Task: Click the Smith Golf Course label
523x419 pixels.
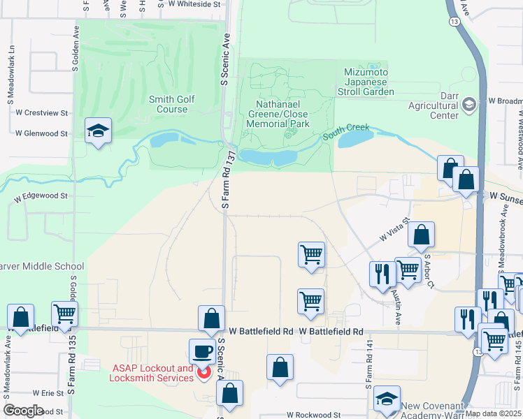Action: pyautogui.click(x=172, y=104)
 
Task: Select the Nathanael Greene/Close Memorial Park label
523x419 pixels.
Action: pyautogui.click(x=278, y=114)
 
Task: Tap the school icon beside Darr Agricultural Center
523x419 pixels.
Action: pyautogui.click(x=468, y=105)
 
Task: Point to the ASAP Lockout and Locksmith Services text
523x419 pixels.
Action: pyautogui.click(x=151, y=373)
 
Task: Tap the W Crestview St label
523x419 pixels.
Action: pyautogui.click(x=41, y=112)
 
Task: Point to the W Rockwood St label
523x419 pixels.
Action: pyautogui.click(x=313, y=414)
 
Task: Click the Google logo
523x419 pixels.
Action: pyautogui.click(x=23, y=410)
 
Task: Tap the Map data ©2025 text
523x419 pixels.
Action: pyautogui.click(x=492, y=413)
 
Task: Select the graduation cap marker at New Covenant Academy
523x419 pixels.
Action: pyautogui.click(x=386, y=398)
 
